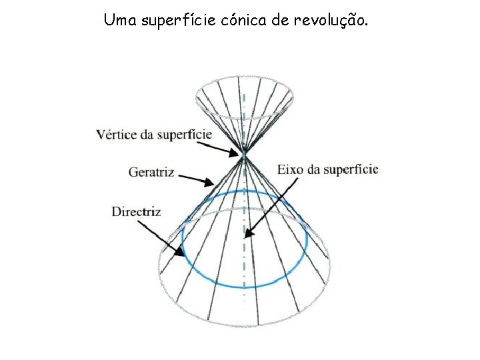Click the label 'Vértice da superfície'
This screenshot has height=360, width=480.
pos(153,134)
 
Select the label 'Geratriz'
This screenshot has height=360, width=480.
pos(151,172)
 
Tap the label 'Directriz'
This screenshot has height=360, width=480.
pos(137,212)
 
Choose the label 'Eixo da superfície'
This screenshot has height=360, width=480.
pos(327,169)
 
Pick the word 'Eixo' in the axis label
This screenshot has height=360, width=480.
pos(289,169)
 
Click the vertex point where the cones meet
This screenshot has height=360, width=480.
pos(244,155)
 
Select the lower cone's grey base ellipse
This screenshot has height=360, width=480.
pos(244,325)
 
